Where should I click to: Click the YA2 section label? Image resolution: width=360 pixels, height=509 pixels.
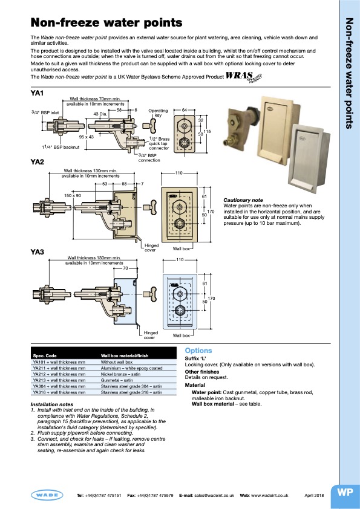(38, 162)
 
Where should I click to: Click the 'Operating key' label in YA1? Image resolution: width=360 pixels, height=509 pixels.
(159, 113)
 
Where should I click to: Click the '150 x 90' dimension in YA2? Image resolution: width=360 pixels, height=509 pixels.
(73, 196)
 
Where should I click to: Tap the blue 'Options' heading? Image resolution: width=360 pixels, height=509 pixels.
(198, 351)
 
